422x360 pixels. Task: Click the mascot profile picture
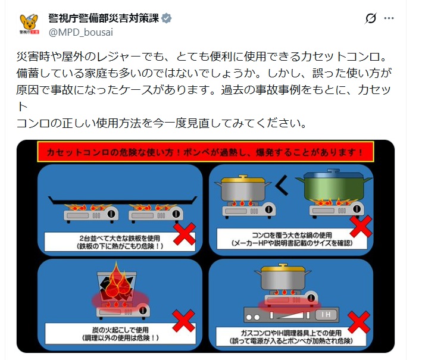pos(29,24)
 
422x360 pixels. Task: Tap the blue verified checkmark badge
pos(167,18)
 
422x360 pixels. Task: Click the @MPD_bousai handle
pos(81,32)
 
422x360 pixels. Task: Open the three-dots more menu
pos(389,18)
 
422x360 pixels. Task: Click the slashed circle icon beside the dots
pos(371,18)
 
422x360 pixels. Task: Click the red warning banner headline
pos(205,152)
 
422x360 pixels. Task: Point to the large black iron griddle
pos(123,200)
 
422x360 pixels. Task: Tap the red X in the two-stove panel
pos(185,234)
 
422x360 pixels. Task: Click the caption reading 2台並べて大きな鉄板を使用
pos(120,238)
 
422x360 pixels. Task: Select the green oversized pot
pos(334,186)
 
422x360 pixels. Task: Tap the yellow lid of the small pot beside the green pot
pos(242,179)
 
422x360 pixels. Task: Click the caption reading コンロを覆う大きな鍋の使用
pos(292,235)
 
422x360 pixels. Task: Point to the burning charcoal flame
pos(117,281)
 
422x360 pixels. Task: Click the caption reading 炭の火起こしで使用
pos(120,330)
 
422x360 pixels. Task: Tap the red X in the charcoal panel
pos(183,321)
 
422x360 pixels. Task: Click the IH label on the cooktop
pos(326,314)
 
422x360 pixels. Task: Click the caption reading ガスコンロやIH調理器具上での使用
pos(291,333)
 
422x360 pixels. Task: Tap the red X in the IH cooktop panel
pos(359,322)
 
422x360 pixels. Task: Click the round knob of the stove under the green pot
pos(357,209)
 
